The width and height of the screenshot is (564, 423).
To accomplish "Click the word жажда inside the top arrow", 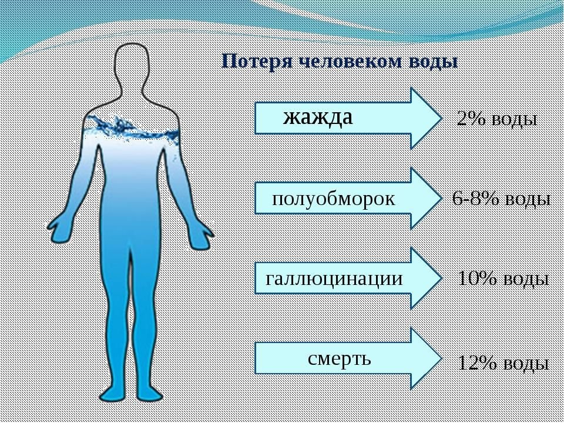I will pos(318,117).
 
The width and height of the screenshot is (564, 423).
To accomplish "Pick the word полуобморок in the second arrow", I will pos(333,199).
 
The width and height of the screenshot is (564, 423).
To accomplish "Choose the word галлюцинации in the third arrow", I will pos(334,278).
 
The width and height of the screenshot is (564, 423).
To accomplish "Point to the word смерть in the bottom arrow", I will pos(340,358).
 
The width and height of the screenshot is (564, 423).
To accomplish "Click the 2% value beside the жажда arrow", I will pos(471,120).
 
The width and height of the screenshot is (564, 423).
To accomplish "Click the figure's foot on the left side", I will pos(112,392).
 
